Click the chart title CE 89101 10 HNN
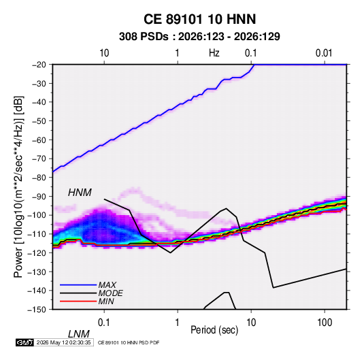coord(199,19)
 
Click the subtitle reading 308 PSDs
coord(144,37)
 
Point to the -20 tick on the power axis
coord(39,65)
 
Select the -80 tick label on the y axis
coord(39,178)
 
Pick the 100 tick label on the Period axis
coord(325,323)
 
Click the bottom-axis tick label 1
coord(178,323)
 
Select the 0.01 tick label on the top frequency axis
coord(324,53)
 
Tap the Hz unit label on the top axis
coord(214,53)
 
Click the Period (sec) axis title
coord(214,330)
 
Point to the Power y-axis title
coord(18,186)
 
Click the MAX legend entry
coord(107,284)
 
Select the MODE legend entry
coord(110,293)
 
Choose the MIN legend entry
coord(106,301)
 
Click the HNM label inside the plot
coord(80,193)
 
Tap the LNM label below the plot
coord(78,334)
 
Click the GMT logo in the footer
coord(24,342)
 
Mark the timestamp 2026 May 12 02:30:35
coord(63,342)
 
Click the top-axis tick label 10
coord(104,53)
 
